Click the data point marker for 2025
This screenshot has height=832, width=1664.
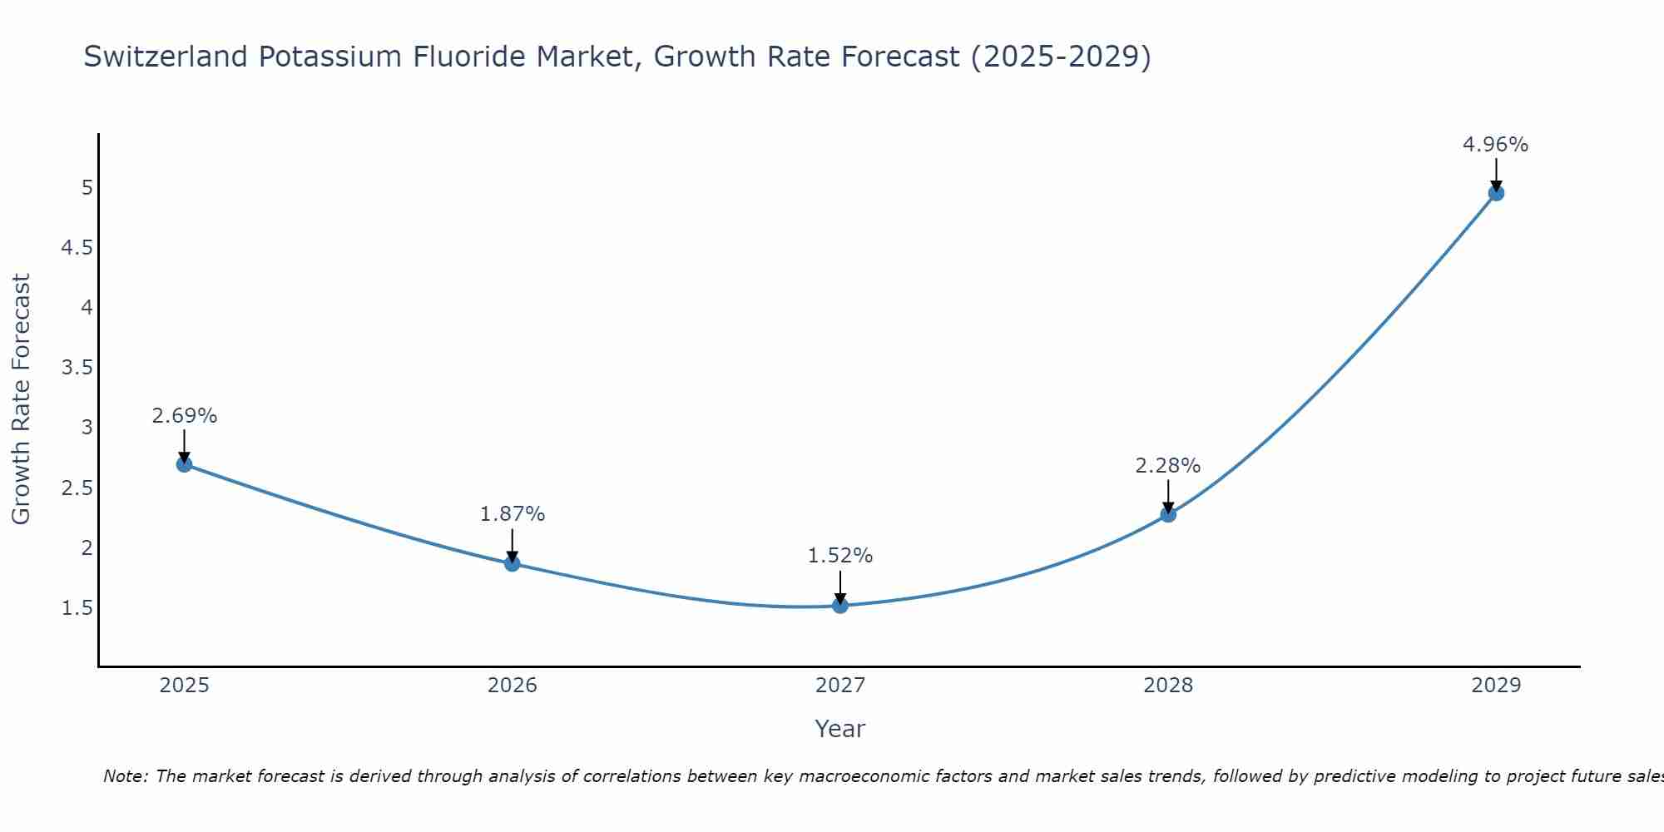coord(185,464)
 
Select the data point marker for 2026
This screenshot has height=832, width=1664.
coord(513,563)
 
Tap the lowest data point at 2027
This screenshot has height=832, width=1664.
coord(840,606)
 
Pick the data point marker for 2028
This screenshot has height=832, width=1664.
coord(1168,514)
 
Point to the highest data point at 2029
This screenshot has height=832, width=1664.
coord(1496,193)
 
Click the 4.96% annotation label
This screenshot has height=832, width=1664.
coord(1495,145)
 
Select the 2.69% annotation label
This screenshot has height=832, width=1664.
coord(185,416)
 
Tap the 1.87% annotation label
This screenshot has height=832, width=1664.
coord(513,514)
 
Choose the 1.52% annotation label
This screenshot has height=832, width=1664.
coord(840,556)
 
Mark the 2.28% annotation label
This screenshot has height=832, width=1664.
coord(1168,466)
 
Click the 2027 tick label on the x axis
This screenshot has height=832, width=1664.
coord(840,686)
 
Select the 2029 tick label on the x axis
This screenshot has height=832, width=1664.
coord(1496,686)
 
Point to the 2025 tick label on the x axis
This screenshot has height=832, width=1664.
coord(185,686)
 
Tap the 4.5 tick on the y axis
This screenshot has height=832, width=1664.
coord(77,248)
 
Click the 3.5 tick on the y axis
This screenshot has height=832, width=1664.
coord(77,368)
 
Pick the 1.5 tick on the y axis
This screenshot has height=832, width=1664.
coord(77,608)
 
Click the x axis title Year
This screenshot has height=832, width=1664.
coord(840,729)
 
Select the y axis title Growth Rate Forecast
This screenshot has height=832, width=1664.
coord(22,399)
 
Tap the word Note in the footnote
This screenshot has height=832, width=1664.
coord(125,776)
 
